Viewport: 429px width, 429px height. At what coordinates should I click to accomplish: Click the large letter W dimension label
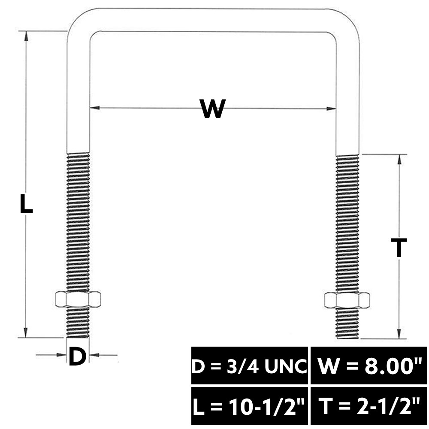[x=213, y=109]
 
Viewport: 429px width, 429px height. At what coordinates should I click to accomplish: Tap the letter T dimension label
[x=399, y=248]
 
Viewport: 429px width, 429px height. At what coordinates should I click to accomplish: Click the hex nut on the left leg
[x=78, y=299]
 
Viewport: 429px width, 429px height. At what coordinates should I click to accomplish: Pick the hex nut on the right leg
[x=347, y=300]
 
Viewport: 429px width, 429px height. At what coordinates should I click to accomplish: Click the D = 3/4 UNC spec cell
[x=250, y=366]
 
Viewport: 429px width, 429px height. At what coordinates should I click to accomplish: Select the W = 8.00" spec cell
[x=369, y=366]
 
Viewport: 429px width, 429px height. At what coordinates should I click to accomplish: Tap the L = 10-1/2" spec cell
[x=250, y=406]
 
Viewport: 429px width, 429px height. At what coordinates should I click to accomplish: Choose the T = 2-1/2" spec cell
[x=369, y=406]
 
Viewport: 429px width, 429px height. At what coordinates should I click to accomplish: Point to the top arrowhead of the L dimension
[x=26, y=36]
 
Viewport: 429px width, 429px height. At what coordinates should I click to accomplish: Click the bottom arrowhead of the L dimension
[x=26, y=332]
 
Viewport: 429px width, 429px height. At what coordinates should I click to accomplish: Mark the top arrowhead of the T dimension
[x=400, y=160]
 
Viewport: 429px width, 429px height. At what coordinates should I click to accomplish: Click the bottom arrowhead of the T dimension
[x=399, y=333]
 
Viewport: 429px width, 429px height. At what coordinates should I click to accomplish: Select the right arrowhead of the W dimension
[x=331, y=109]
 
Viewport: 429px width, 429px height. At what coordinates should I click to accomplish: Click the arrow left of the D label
[x=51, y=355]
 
